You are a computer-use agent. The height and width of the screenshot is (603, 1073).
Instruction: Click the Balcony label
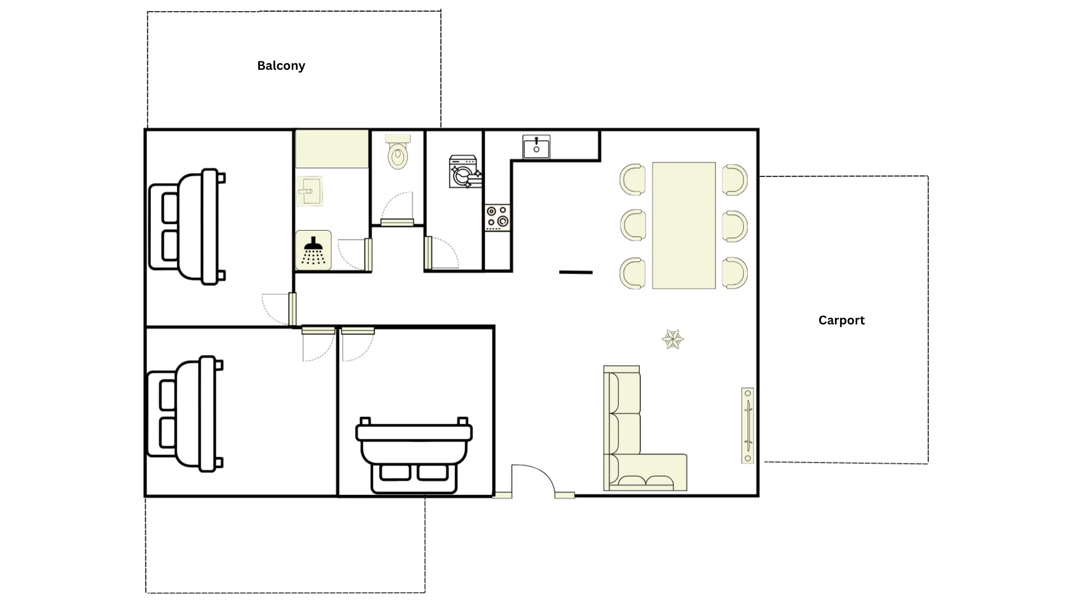pos(281,66)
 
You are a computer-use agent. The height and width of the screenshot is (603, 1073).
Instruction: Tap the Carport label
pos(841,320)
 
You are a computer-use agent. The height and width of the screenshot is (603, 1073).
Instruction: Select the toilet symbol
pos(397,151)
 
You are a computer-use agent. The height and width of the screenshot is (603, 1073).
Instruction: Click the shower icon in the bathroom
pos(313,250)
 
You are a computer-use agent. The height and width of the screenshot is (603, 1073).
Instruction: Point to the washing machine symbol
pos(466,171)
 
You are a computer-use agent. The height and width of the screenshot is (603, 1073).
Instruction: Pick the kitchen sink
pos(536,147)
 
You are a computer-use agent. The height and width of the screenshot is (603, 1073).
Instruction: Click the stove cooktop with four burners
pos(497,217)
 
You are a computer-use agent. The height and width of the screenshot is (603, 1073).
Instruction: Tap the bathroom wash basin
pos(309,192)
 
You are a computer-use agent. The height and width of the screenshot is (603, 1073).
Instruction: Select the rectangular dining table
pos(683,226)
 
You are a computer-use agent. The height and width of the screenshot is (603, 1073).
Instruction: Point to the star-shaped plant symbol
pos(672,339)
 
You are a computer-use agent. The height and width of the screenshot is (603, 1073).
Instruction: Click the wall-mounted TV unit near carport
pos(747,425)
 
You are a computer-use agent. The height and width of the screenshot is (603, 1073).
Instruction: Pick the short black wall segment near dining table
pos(576,272)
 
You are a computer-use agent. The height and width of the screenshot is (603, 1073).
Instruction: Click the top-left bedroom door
pos(279,309)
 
